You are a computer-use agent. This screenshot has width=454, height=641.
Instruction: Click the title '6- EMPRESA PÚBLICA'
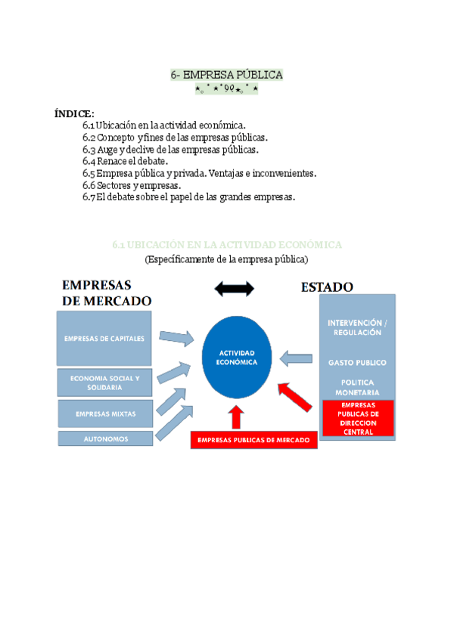click(226, 75)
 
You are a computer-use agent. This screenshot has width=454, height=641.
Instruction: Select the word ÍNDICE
click(74, 113)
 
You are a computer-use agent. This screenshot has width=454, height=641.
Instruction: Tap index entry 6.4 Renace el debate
click(125, 161)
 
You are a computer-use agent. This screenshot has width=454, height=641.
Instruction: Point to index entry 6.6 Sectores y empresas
click(132, 185)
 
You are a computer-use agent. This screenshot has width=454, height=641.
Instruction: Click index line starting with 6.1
click(163, 125)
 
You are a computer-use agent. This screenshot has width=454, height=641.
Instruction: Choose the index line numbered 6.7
click(188, 197)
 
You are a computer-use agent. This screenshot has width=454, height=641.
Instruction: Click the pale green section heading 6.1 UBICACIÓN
click(227, 245)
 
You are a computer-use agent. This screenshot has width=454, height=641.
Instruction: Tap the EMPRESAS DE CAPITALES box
click(104, 338)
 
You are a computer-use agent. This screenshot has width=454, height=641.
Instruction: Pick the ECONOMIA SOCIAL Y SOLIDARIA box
click(104, 382)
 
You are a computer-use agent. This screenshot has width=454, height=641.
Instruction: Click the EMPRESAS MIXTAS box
click(104, 414)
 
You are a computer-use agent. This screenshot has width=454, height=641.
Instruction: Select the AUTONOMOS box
click(104, 438)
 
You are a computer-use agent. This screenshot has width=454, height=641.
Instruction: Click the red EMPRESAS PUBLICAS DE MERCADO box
click(253, 440)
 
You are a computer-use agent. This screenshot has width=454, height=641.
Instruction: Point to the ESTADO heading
click(327, 287)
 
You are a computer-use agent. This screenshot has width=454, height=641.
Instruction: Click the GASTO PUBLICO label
click(357, 363)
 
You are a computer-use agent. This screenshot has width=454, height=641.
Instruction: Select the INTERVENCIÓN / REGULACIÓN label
click(357, 327)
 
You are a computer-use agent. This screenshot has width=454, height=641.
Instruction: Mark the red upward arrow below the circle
click(238, 416)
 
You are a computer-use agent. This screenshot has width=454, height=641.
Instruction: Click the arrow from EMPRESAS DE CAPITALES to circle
click(176, 336)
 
